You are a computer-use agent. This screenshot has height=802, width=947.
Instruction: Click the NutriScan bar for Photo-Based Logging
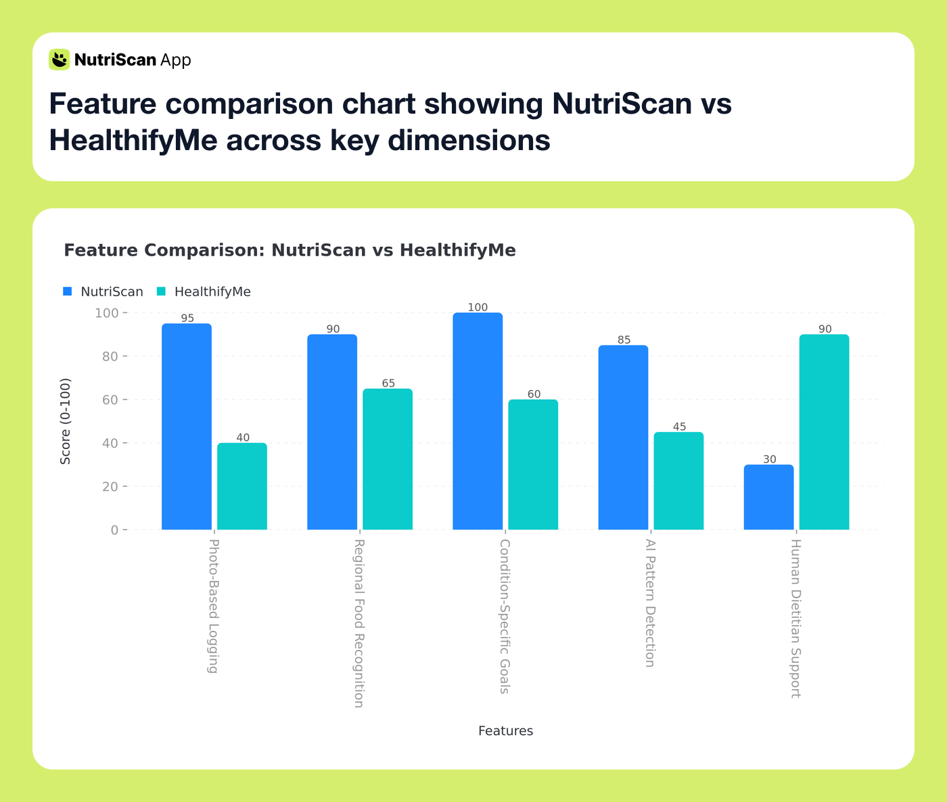(x=187, y=427)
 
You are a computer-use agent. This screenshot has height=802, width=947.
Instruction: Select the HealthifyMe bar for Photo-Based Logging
(x=242, y=486)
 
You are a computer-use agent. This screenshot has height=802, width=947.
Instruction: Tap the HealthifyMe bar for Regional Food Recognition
(x=388, y=459)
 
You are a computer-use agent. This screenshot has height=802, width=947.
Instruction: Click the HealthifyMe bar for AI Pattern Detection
(x=678, y=481)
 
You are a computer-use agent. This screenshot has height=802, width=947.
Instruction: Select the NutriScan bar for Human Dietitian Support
(x=768, y=497)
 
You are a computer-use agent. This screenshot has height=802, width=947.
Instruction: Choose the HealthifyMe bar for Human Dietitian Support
(x=824, y=432)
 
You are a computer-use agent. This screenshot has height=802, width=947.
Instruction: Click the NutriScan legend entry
(x=103, y=292)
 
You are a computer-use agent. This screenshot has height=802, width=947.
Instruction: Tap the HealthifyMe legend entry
(x=204, y=292)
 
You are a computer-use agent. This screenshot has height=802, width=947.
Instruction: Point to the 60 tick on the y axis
(x=110, y=400)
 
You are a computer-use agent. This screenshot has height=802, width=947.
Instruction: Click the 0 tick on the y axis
(x=115, y=530)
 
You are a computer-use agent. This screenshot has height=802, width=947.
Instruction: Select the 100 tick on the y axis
(x=106, y=313)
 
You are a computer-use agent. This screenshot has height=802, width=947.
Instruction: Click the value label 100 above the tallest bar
(x=478, y=307)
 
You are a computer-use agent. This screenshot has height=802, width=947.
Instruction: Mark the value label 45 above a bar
(x=679, y=427)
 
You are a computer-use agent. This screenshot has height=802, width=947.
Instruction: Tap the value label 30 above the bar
(x=769, y=459)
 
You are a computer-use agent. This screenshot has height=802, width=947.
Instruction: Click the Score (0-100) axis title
(x=66, y=421)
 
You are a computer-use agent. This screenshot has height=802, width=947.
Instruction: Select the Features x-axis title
(x=505, y=731)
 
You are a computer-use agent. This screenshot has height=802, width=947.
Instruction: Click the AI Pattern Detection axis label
(x=650, y=603)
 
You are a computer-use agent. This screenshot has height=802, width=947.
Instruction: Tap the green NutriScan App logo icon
(x=60, y=60)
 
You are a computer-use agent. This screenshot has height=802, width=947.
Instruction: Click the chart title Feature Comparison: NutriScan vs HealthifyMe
(x=290, y=251)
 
